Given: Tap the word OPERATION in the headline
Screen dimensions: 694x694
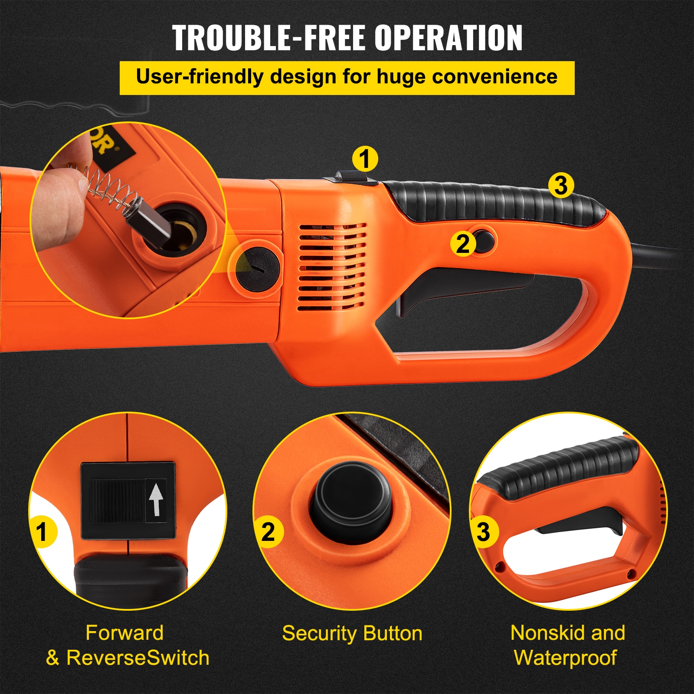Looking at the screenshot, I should pos(448,38).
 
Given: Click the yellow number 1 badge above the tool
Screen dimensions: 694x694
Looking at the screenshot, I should pos(365,159).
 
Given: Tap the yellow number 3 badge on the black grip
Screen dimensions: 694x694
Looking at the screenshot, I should pos(561,186).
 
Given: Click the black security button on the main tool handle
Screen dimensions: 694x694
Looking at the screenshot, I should pos(484,241).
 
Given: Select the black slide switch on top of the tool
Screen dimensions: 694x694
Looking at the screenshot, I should pos(350,177).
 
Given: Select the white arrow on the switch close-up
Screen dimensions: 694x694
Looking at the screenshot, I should pos(156,499).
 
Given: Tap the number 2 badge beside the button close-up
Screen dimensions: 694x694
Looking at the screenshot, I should pos(268,532).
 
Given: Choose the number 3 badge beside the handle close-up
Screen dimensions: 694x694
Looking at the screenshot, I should pos(483,532).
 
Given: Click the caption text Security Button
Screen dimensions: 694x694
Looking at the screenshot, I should pos(352,633).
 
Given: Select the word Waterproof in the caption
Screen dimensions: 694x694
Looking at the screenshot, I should pos(565,658).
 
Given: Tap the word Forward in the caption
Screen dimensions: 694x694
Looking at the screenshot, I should pos(124,633).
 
